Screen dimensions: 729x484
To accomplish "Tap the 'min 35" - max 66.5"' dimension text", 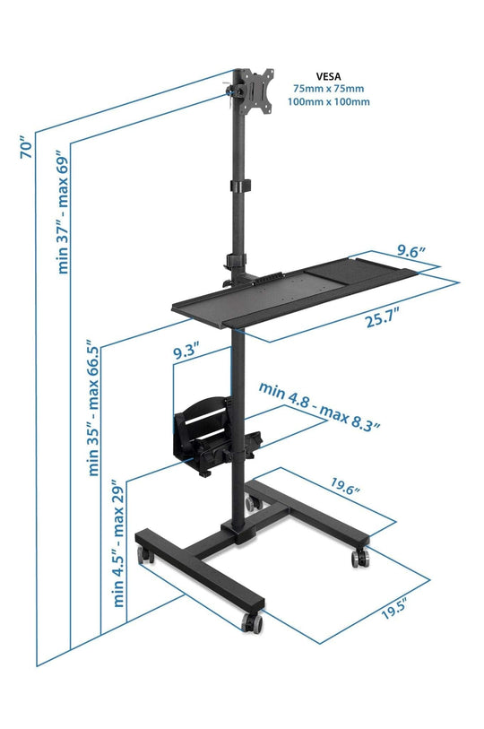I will [x=93, y=409].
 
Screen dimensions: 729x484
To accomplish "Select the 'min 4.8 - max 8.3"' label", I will [x=319, y=405].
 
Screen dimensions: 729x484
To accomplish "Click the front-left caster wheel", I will [x=144, y=556].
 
